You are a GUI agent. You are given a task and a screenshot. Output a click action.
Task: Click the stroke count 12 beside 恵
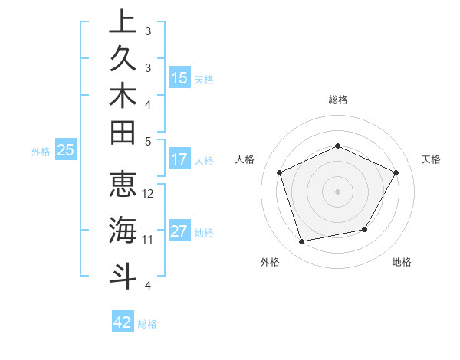click(149, 193)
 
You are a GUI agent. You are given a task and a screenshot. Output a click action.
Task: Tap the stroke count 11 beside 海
click(148, 240)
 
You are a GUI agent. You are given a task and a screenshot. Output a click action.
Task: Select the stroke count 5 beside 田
click(148, 141)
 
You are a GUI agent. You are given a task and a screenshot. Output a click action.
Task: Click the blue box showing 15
click(179, 78)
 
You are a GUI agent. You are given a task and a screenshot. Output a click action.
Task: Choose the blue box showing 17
click(179, 160)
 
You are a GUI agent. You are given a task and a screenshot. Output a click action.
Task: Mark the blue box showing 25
click(66, 151)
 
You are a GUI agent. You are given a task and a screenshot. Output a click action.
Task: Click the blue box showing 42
click(123, 322)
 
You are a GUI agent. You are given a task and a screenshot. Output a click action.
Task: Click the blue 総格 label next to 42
click(147, 324)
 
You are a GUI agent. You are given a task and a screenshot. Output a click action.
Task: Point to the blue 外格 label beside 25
click(41, 152)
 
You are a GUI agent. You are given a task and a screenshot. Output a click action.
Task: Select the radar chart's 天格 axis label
click(432, 159)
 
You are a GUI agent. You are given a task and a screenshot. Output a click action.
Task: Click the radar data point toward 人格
click(280, 172)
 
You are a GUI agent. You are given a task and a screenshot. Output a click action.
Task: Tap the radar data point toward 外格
click(302, 242)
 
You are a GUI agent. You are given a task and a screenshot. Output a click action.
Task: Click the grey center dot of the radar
click(338, 191)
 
